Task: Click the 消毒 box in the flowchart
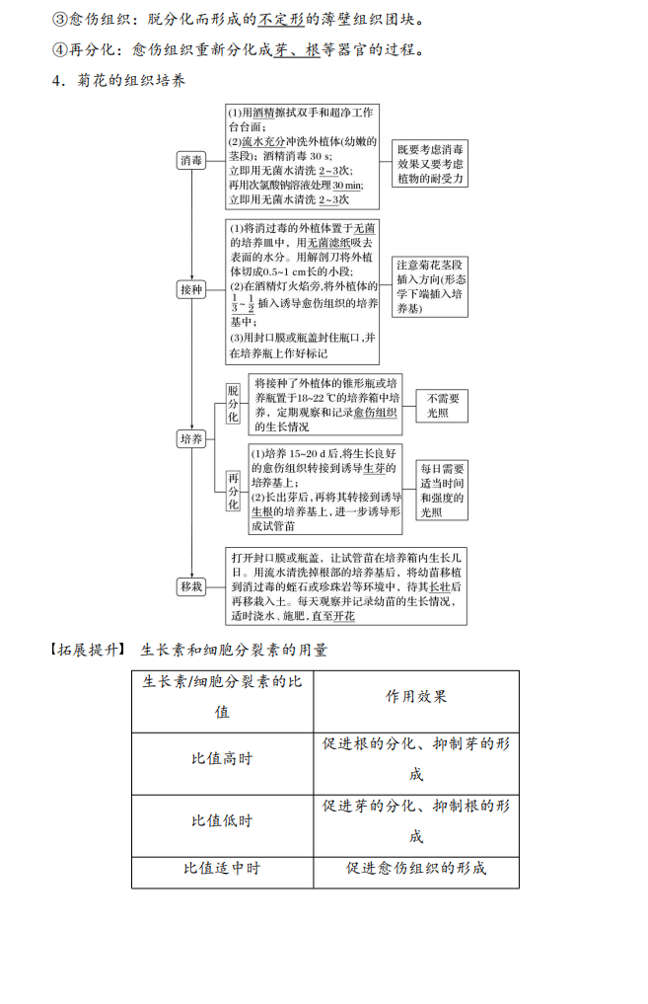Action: pyautogui.click(x=191, y=160)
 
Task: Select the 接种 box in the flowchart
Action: pyautogui.click(x=191, y=289)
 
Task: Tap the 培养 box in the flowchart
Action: pyautogui.click(x=191, y=439)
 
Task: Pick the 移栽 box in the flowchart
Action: pyautogui.click(x=191, y=586)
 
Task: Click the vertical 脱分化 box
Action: pyautogui.click(x=233, y=404)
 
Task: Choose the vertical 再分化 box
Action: pyautogui.click(x=233, y=491)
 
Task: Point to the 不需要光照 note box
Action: pyautogui.click(x=441, y=406)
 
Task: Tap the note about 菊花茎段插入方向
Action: pyautogui.click(x=431, y=286)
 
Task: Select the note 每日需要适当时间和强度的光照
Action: pyautogui.click(x=442, y=490)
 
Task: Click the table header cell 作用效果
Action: pyautogui.click(x=416, y=696)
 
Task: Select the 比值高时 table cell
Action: pyautogui.click(x=222, y=759)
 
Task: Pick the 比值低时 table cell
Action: pyautogui.click(x=222, y=821)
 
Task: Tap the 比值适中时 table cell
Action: pyautogui.click(x=222, y=869)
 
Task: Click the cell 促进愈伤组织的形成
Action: pyautogui.click(x=416, y=869)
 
